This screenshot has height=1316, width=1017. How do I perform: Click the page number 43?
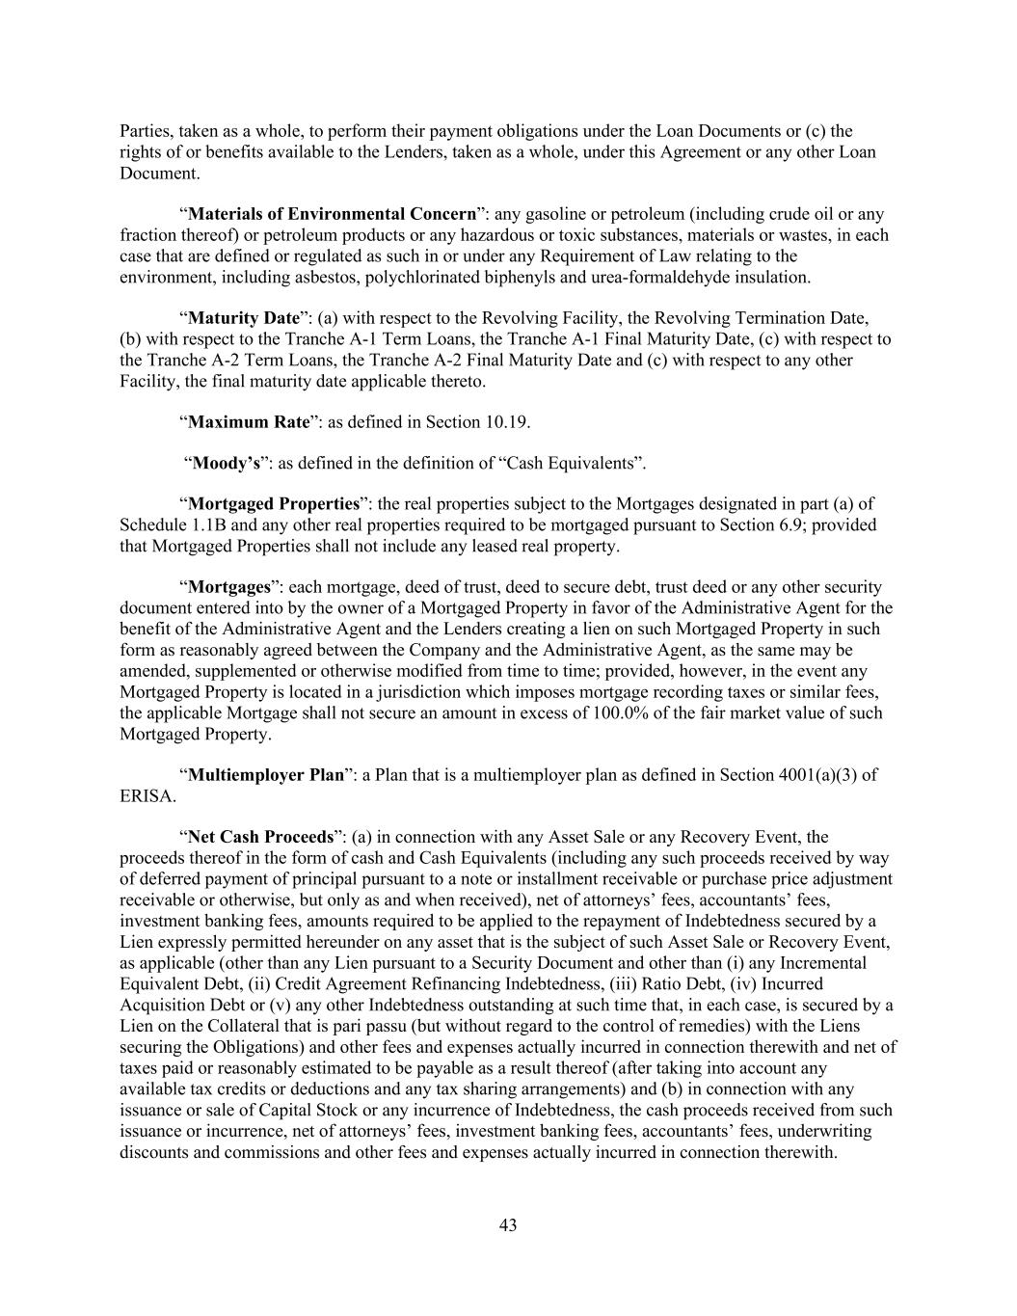[508, 1224]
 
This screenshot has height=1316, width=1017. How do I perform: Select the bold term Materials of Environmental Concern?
[333, 214]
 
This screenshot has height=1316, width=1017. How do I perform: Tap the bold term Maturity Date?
[244, 318]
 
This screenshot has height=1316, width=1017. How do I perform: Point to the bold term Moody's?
[227, 464]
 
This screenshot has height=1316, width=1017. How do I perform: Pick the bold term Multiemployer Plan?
[266, 775]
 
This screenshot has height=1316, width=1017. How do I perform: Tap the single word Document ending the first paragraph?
[160, 174]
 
